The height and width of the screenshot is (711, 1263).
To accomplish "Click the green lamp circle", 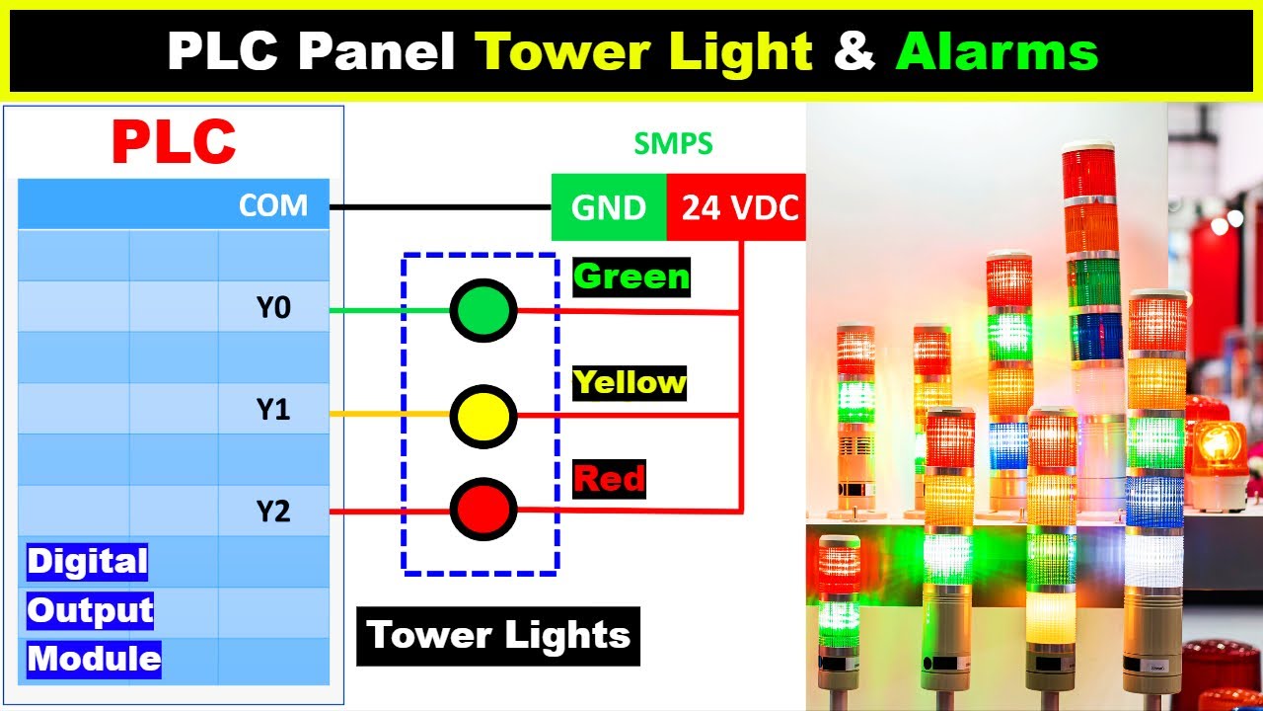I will click(483, 310).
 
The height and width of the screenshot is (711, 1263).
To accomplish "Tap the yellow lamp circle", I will click(483, 416).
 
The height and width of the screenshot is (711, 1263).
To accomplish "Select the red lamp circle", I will click(483, 510).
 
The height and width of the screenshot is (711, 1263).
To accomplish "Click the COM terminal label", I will click(273, 205).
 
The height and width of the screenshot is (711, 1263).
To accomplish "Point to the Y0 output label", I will click(273, 308).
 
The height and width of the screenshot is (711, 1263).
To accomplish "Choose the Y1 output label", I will click(273, 410).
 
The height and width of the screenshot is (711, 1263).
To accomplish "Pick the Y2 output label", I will click(273, 512).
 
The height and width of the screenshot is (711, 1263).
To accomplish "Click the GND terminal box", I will click(609, 207).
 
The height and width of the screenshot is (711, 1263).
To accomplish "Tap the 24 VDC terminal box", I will click(736, 207).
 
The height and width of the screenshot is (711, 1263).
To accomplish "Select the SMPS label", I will click(672, 144).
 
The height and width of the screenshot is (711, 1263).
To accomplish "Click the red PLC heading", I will click(174, 142).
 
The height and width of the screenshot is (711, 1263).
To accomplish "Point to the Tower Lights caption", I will click(498, 635).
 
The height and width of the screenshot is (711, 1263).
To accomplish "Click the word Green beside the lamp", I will click(631, 276).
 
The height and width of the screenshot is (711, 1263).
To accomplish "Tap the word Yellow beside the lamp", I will click(630, 382).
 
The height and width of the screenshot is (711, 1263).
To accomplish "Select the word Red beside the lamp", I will click(609, 480).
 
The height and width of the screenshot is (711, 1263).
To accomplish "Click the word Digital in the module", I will click(87, 562).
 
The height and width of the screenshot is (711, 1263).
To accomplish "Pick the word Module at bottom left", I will click(94, 659).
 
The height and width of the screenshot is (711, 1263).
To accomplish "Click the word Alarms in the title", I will click(997, 50).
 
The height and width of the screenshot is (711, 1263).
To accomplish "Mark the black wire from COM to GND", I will click(439, 207).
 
